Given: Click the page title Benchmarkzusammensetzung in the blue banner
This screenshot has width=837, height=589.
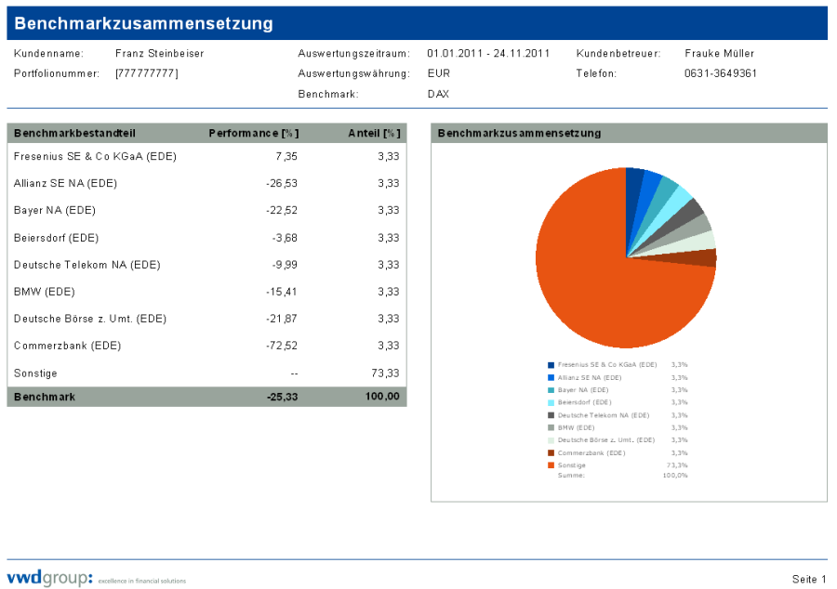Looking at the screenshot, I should point(144,23).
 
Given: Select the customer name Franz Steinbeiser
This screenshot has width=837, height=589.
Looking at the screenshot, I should point(159,54).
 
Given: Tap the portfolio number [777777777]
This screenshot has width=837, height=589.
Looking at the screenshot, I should point(147,73).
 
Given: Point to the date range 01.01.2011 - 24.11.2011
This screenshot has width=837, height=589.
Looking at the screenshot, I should point(488,54).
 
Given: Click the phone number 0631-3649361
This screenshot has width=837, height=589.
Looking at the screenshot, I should point(721,73).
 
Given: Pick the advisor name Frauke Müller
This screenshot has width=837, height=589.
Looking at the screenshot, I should point(720,54).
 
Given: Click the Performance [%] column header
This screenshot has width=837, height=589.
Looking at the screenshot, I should point(254,133).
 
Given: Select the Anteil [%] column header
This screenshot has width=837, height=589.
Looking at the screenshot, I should point(374,133).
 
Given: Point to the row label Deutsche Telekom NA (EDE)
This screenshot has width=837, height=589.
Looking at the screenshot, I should point(87,265).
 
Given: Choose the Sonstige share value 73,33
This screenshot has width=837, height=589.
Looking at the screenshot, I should point(386,373).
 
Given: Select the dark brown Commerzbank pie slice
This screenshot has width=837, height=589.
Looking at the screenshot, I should point(706,258).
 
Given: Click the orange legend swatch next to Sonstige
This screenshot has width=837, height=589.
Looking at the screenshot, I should point(551,465).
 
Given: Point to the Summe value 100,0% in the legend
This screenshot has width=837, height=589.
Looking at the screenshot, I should point(675,476).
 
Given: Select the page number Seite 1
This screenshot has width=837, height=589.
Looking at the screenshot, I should point(809,580).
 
